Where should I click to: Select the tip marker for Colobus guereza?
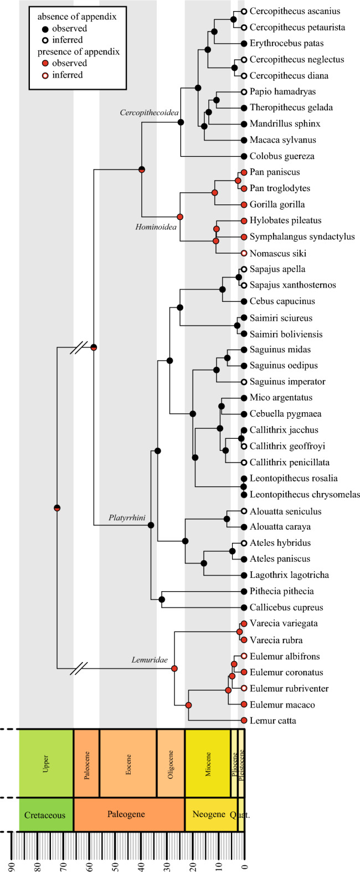click(244, 156)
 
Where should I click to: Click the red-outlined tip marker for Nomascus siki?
click(244, 253)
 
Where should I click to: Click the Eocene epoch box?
click(128, 763)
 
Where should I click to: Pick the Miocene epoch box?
click(208, 763)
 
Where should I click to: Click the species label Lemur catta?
click(273, 721)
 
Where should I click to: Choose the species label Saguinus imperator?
click(287, 382)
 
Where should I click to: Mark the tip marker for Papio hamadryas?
click(244, 91)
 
